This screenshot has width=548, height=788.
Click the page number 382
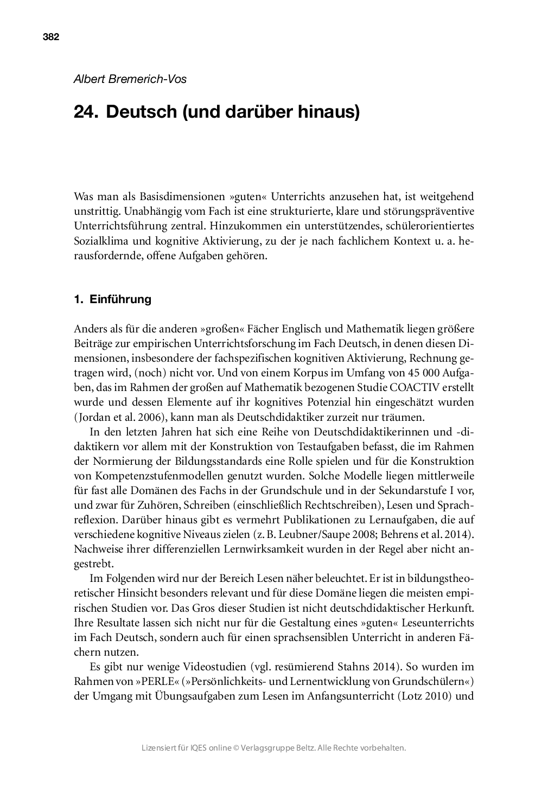50,37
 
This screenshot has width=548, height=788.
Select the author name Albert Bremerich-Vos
130,79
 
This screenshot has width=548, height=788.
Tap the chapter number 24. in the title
86,112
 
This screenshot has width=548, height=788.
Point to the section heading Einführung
120,299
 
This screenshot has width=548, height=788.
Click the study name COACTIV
448,388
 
